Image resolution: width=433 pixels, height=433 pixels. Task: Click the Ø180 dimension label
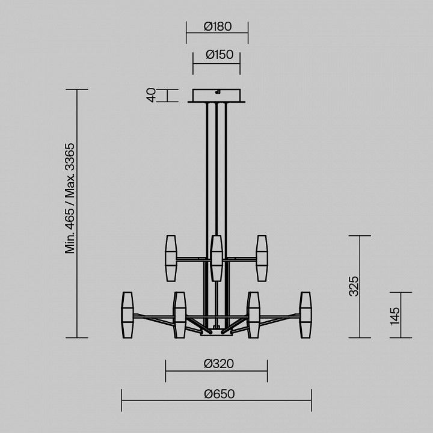(218, 26)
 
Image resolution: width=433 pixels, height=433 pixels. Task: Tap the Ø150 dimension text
(220, 55)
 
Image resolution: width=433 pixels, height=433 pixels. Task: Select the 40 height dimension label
(151, 95)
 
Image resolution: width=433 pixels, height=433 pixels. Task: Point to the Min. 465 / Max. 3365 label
(70, 198)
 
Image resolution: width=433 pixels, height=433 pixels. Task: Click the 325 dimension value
(354, 286)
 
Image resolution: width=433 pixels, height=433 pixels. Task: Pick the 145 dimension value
(395, 316)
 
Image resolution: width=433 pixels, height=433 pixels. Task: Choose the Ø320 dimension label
(219, 364)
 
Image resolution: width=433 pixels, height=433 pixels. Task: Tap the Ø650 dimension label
(220, 394)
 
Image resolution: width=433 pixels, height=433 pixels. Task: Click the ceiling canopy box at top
(216, 96)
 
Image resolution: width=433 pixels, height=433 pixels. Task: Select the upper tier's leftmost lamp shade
(171, 259)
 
